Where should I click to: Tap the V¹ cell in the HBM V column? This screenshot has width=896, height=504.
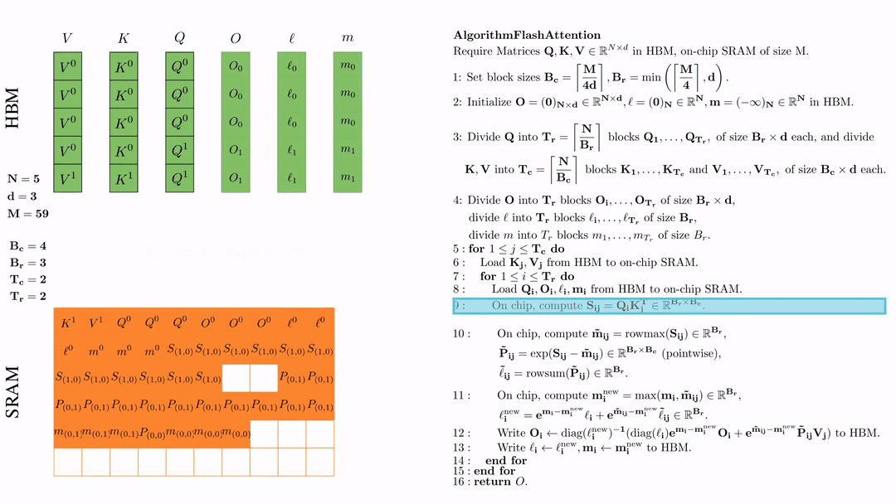[x=67, y=178]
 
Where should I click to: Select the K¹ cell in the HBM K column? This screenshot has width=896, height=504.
[x=124, y=178]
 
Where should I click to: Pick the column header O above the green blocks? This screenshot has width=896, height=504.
[x=236, y=38]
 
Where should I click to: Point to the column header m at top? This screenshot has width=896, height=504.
[x=348, y=39]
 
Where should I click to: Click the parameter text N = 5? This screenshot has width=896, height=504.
[x=24, y=178]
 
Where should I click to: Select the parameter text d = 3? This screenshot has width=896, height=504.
[x=22, y=196]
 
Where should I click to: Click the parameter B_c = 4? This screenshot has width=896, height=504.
[x=28, y=246]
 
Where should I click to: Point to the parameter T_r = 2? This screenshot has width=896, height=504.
[x=27, y=296]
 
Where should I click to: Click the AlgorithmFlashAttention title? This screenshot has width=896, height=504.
[x=527, y=35]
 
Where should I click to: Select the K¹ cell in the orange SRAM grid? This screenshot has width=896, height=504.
[x=67, y=322]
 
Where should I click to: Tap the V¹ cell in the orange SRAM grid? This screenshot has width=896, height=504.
[x=95, y=322]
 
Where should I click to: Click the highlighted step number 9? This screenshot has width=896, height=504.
[x=456, y=306]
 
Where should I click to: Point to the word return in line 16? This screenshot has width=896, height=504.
[x=492, y=482]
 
